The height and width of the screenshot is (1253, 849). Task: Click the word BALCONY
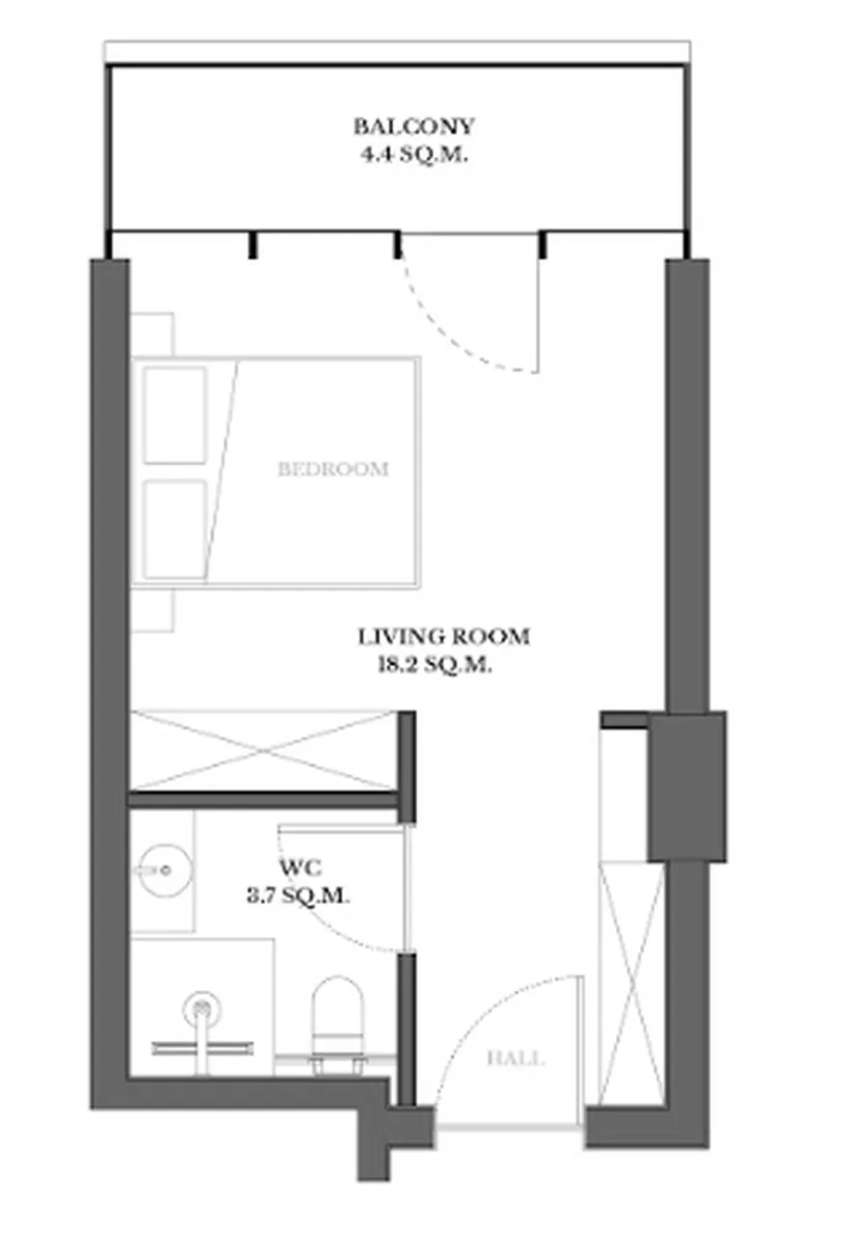coord(413,126)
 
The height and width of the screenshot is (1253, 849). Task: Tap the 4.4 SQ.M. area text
coord(413,154)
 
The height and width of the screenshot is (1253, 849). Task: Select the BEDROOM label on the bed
coord(333,468)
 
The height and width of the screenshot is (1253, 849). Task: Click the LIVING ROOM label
coord(443,636)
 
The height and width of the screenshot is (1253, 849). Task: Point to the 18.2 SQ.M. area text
coord(436,665)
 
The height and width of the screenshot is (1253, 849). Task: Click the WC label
coord(301,868)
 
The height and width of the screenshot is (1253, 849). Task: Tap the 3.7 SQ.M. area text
coord(299,896)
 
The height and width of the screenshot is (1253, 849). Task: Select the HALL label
coord(516,1059)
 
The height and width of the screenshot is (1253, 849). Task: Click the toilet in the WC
coord(337,1026)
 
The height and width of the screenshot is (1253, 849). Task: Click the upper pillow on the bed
coord(174,415)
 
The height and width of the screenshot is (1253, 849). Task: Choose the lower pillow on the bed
coord(174,528)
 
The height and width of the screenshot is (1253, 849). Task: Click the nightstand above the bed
coord(152,333)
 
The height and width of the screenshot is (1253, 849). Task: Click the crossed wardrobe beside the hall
coord(631,983)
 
